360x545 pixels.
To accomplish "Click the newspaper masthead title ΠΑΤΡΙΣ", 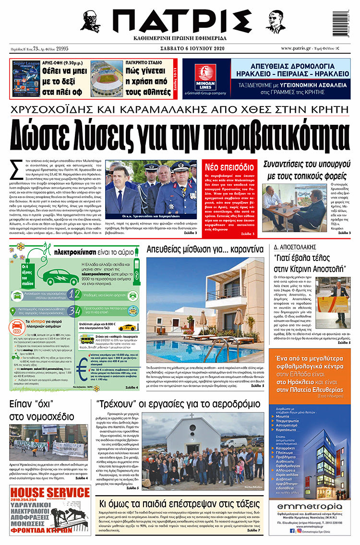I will pos(180,21).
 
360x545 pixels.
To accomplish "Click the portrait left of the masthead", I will pos(90,21).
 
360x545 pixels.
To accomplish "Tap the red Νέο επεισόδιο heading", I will pos(229,167).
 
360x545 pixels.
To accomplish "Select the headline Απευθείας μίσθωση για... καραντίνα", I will pos(205,249).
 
